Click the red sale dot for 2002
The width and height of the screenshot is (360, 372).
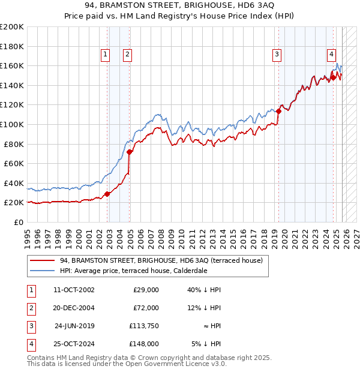(x=107, y=194)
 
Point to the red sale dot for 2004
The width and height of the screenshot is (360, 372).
(x=130, y=152)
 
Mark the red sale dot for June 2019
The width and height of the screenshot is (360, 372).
(x=279, y=111)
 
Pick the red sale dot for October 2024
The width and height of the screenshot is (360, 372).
(x=333, y=77)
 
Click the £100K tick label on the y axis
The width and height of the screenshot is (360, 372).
(x=12, y=124)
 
